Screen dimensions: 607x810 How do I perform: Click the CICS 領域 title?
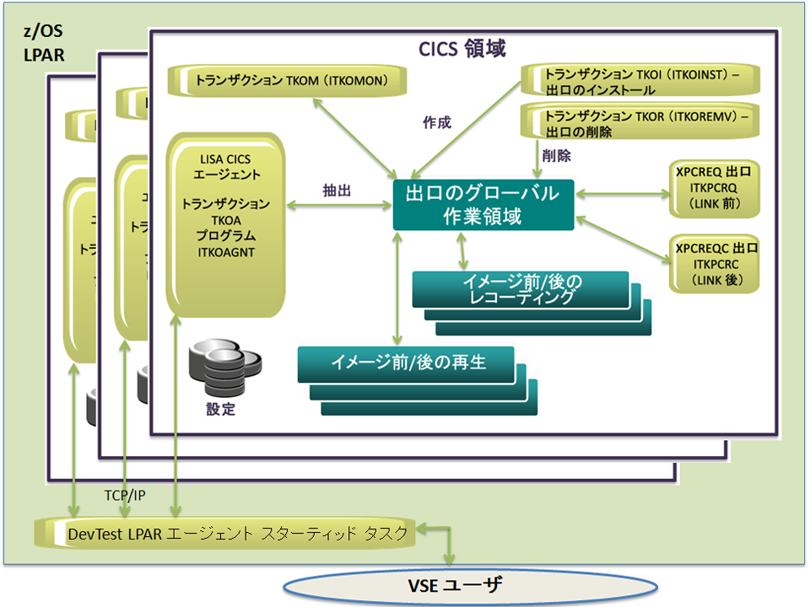[x=462, y=48]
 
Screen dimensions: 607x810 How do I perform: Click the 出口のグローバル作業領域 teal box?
[x=483, y=205]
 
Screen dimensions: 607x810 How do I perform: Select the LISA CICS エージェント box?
[x=224, y=223]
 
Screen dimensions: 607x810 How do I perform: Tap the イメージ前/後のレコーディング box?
[x=521, y=288]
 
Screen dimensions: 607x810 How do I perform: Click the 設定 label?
[x=221, y=411]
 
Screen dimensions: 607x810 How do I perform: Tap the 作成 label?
[x=436, y=122]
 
